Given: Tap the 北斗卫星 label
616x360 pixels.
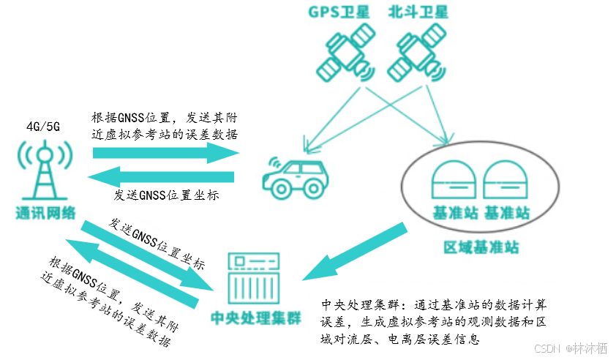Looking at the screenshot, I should (x=418, y=12).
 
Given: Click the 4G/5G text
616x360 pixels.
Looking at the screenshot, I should (x=43, y=126).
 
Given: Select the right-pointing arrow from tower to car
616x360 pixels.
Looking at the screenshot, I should (x=167, y=153).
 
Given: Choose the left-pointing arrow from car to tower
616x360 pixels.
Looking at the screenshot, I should (x=161, y=177).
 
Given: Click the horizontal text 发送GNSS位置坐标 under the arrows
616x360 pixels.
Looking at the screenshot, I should (x=167, y=196).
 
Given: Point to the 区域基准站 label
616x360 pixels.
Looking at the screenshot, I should (x=481, y=247).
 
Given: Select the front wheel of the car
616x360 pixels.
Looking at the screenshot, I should (x=281, y=188).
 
